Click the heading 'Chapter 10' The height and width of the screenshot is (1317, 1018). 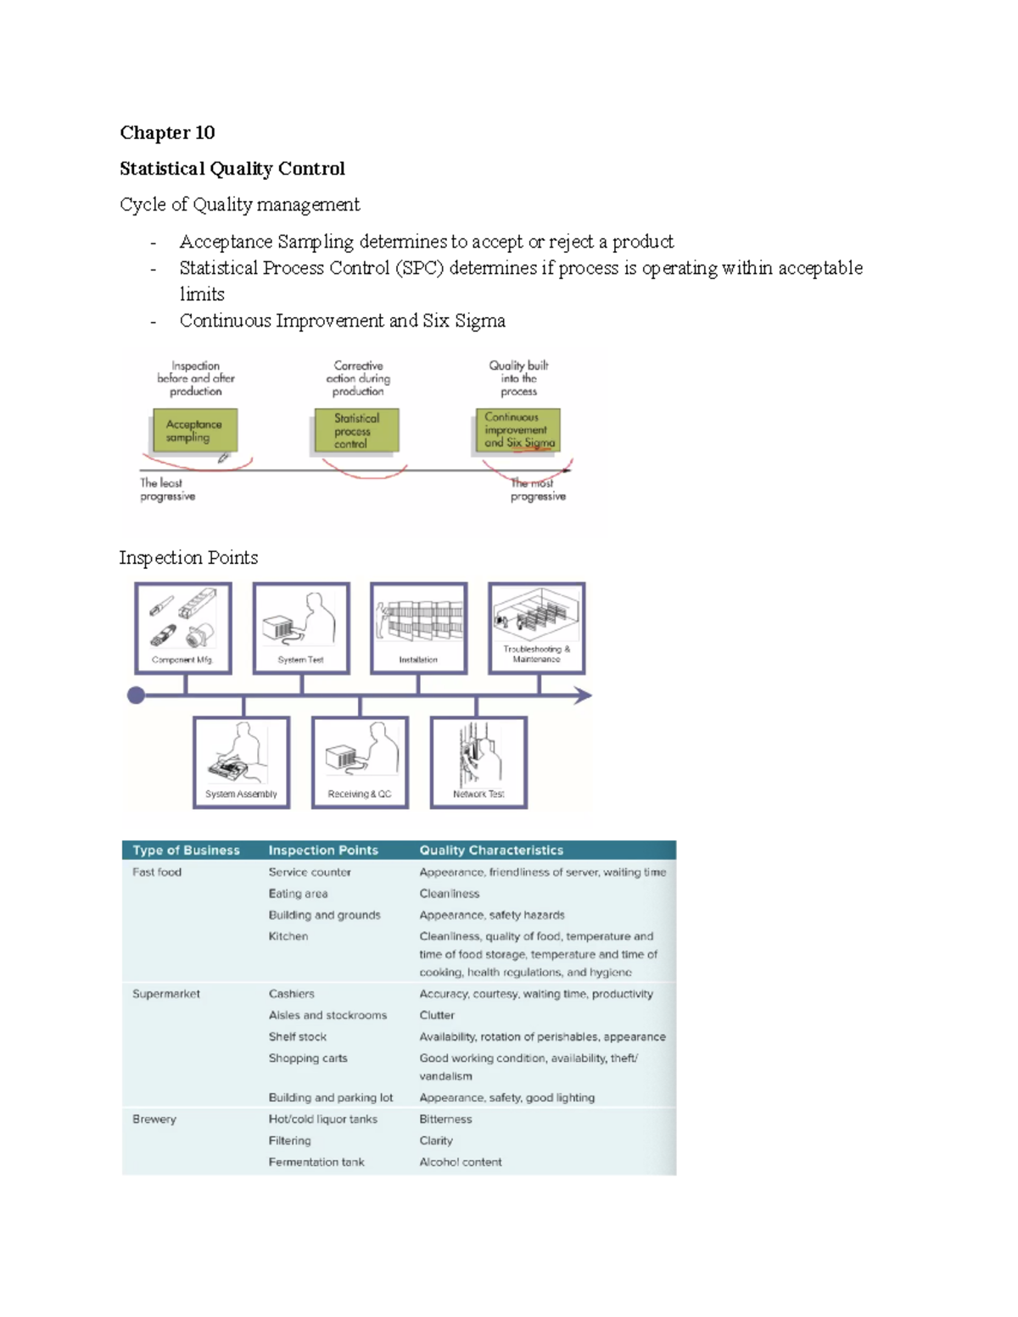point(167,133)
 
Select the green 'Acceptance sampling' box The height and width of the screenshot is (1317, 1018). point(195,431)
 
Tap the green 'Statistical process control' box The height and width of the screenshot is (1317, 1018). point(356,431)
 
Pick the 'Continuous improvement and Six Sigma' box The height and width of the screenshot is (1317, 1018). point(517,430)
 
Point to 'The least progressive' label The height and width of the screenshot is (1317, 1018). point(167,489)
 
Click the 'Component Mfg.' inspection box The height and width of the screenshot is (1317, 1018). point(183,628)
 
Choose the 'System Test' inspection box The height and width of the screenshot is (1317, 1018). point(301,628)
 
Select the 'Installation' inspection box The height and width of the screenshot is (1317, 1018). point(419,628)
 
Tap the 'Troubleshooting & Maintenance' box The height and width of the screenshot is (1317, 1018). point(537,628)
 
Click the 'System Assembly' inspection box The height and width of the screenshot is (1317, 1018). point(242,762)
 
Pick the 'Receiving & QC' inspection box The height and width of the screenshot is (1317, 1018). point(360,762)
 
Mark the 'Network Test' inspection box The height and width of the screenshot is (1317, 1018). point(478,762)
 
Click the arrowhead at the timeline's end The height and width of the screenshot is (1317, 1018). point(584,696)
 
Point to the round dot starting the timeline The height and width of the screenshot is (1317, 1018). point(136,696)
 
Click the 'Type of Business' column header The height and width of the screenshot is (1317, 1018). point(186,851)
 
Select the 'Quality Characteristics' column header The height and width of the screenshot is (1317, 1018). point(491,851)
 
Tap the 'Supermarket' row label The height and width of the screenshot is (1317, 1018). point(166,994)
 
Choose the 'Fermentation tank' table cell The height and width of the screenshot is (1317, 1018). point(316,1163)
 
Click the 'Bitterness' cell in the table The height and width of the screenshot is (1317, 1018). point(445,1119)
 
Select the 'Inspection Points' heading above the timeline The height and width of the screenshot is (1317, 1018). point(188,558)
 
